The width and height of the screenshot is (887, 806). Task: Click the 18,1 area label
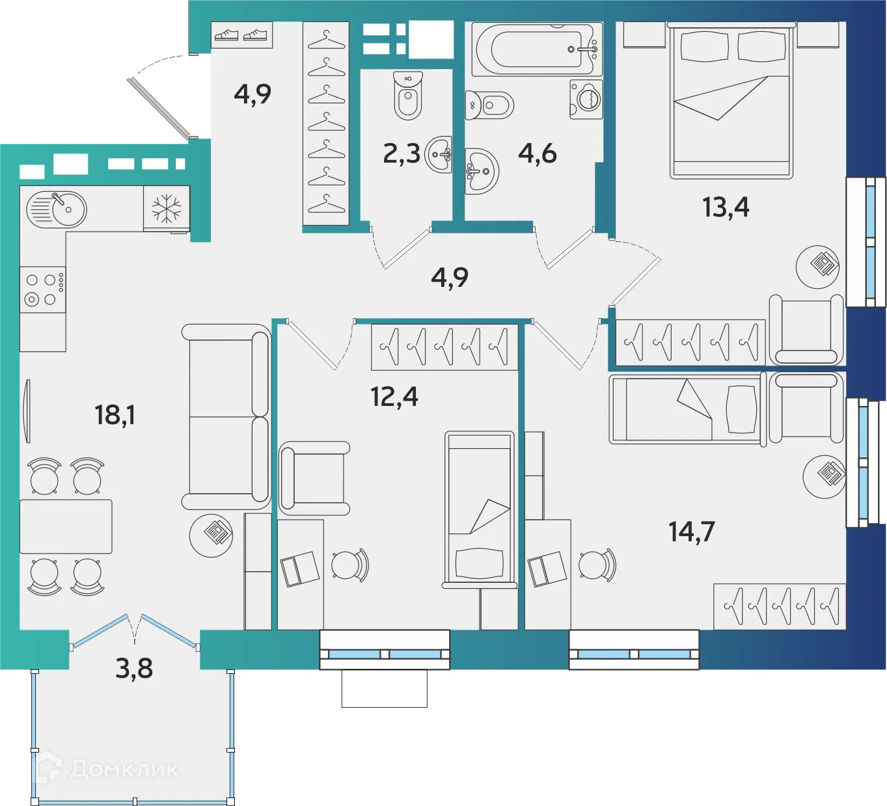pyautogui.click(x=115, y=414)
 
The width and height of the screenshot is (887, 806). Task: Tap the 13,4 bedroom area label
pyautogui.click(x=725, y=208)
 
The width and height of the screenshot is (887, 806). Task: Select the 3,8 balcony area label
pyautogui.click(x=134, y=668)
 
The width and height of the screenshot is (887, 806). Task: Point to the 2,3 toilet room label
pyautogui.click(x=402, y=154)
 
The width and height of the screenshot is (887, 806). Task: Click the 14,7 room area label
pyautogui.click(x=691, y=531)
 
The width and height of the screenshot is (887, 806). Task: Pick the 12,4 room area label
pyautogui.click(x=394, y=396)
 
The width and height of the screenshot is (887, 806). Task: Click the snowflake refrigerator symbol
pyautogui.click(x=167, y=209)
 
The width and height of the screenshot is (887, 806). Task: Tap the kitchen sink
pyautogui.click(x=57, y=209)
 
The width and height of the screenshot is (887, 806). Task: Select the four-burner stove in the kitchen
pyautogui.click(x=42, y=289)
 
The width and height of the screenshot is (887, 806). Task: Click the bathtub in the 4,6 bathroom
pyautogui.click(x=537, y=49)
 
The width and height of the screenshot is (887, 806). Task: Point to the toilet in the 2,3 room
pyautogui.click(x=408, y=96)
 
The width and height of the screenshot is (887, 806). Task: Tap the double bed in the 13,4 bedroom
pyautogui.click(x=731, y=100)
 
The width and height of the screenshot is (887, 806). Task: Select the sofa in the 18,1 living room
pyautogui.click(x=226, y=416)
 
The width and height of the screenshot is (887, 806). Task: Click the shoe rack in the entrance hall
pyautogui.click(x=241, y=35)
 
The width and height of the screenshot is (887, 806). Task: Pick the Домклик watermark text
pyautogui.click(x=123, y=770)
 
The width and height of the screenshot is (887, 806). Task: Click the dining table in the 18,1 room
pyautogui.click(x=66, y=526)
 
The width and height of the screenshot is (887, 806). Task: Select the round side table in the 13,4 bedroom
pyautogui.click(x=817, y=266)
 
